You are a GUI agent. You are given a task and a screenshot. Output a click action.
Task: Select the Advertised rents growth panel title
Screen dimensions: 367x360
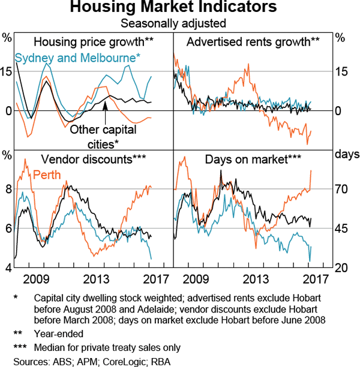coord(253,42)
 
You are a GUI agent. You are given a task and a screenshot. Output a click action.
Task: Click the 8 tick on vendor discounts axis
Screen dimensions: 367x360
coord(8,189)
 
